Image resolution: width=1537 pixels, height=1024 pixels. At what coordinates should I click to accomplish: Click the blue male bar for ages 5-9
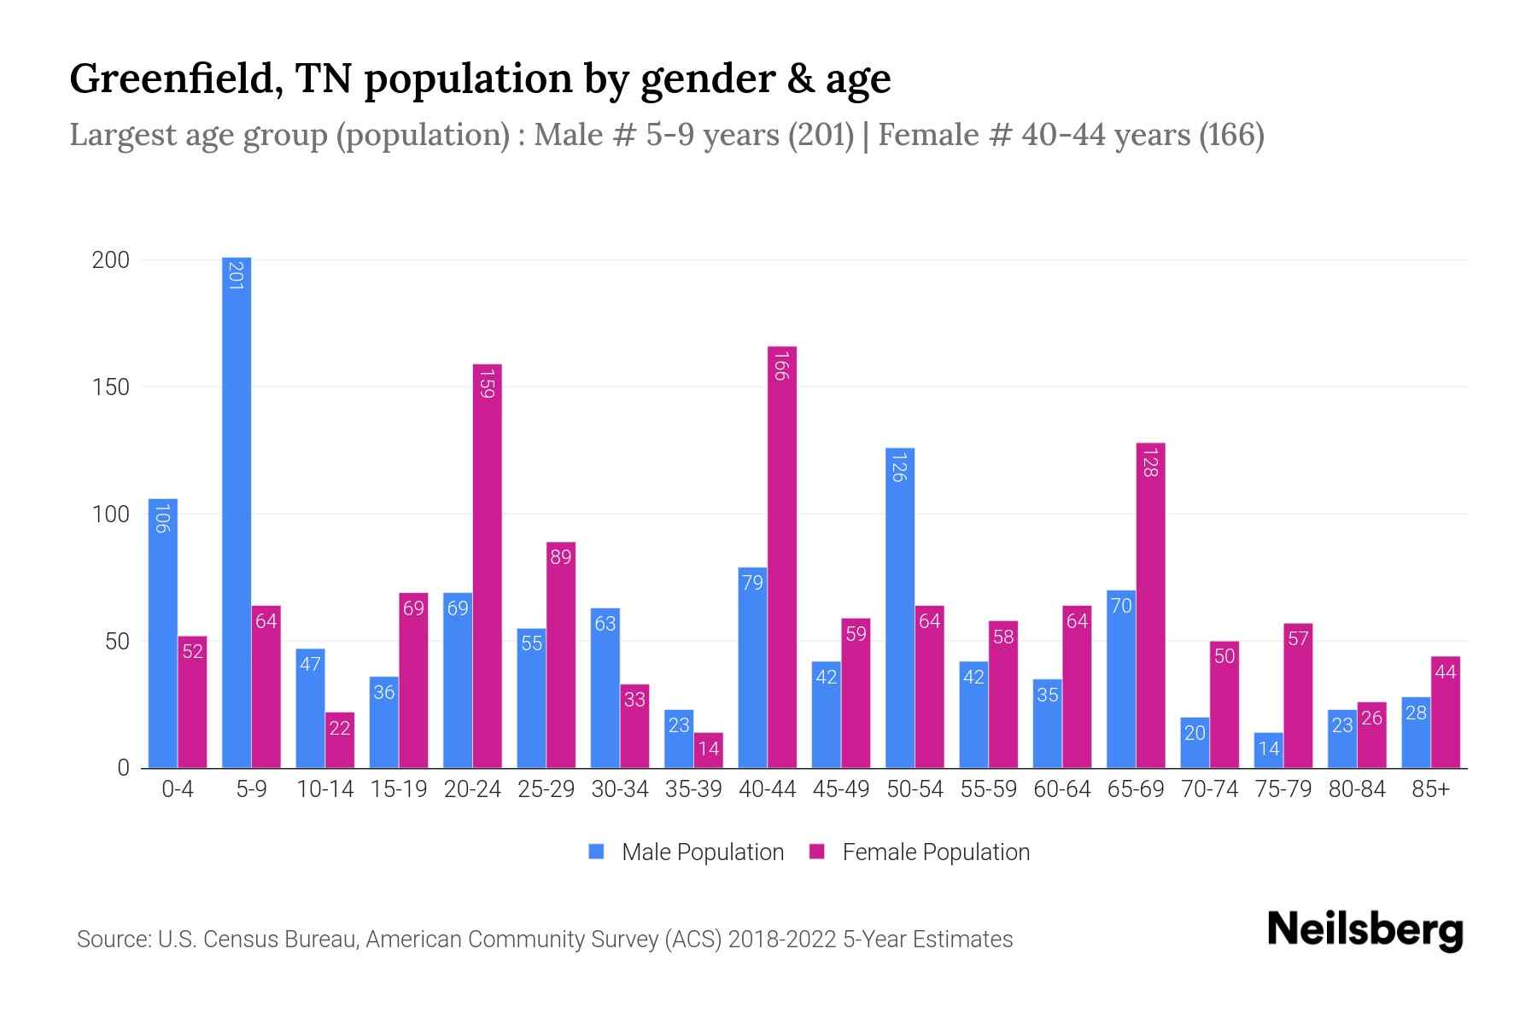(237, 512)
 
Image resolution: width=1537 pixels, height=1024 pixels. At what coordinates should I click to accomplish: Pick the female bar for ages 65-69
(1150, 606)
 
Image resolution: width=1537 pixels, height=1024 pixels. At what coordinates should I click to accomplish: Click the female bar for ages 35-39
(709, 750)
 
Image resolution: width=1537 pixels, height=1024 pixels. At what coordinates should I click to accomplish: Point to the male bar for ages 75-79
(1269, 750)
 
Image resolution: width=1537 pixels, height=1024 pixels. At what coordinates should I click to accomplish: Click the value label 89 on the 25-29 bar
(561, 557)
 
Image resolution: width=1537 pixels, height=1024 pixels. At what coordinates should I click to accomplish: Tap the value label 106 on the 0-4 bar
(162, 519)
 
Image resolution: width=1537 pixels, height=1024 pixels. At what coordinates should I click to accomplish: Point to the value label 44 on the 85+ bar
(1446, 672)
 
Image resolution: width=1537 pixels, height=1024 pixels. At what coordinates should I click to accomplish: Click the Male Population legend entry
(686, 852)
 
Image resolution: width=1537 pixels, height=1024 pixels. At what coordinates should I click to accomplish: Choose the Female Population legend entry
(920, 852)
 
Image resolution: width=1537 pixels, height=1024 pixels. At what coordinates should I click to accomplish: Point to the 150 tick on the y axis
(110, 387)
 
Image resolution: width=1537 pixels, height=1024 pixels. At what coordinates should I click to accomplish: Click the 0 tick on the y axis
(123, 768)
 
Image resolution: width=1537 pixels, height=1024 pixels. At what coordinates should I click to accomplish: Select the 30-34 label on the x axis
(620, 789)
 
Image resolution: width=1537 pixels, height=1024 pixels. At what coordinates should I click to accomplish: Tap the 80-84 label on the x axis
(1357, 789)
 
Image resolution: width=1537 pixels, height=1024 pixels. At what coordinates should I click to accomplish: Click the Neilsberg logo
(1365, 930)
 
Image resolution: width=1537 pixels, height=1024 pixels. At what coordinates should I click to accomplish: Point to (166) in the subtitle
(1231, 135)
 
